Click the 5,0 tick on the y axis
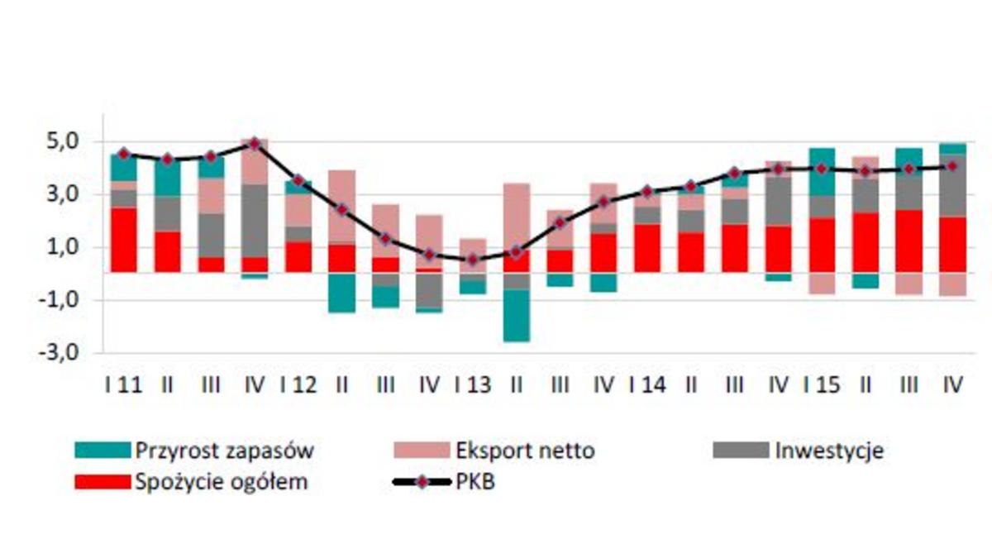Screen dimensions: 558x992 62,141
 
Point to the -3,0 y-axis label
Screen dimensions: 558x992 60,352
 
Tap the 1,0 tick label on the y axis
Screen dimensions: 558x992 62,247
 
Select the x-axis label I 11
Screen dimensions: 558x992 123,385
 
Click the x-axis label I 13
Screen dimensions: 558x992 472,385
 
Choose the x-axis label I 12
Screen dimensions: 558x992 298,385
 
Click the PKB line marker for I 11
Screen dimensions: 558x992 123,154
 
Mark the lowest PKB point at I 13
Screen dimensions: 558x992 472,260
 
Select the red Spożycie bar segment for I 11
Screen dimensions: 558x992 123,240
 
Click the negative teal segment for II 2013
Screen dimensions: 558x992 516,315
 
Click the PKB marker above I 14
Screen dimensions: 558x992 647,192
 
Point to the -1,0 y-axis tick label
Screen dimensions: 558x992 60,300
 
